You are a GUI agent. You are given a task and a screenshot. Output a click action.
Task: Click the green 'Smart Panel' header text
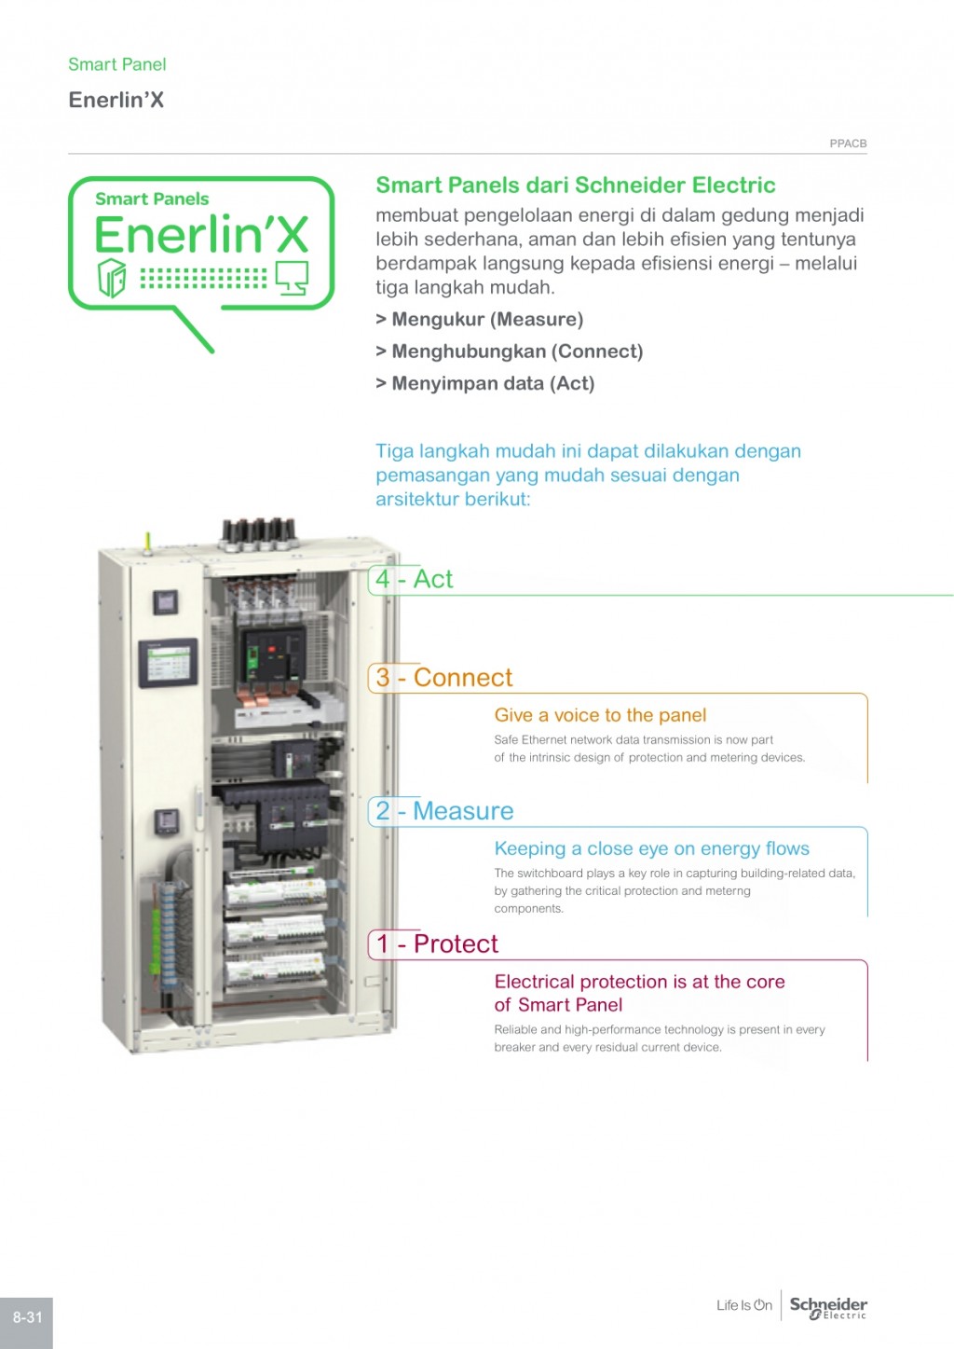pos(116,64)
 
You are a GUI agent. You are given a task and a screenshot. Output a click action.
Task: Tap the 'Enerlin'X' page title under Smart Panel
pos(116,100)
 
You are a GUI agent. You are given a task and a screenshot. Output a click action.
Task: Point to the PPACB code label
pos(848,144)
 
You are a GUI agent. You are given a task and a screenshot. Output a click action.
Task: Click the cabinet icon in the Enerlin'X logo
pos(112,277)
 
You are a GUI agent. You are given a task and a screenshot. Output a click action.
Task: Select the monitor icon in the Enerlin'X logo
pos(292,276)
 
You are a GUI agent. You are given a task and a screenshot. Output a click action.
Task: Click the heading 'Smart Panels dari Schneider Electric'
pos(575,185)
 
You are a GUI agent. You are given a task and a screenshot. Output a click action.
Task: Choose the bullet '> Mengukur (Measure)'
pos(479,320)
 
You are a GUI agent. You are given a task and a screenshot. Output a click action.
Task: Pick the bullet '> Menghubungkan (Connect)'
pos(509,351)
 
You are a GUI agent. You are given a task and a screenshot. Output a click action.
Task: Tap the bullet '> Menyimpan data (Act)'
pos(484,383)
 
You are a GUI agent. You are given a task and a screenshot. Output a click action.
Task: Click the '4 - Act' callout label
pos(414,579)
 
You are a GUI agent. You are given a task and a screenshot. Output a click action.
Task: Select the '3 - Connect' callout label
pos(443,678)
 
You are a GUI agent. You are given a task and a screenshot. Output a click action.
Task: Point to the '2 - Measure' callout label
pos(443,811)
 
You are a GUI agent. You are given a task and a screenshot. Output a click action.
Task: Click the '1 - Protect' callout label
pos(436,944)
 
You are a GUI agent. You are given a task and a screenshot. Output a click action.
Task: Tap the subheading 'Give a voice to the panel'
pos(600,715)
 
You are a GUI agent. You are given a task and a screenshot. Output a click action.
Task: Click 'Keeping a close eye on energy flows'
pos(651,848)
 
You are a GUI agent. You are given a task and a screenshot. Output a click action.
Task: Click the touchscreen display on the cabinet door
pos(168,664)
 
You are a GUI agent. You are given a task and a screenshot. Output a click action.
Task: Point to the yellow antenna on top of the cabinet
pos(147,542)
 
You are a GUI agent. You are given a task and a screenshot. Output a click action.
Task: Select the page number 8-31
pos(27,1317)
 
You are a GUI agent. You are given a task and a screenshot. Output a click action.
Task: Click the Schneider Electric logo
pos(828,1307)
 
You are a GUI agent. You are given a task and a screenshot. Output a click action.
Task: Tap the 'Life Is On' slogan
pos(743,1305)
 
